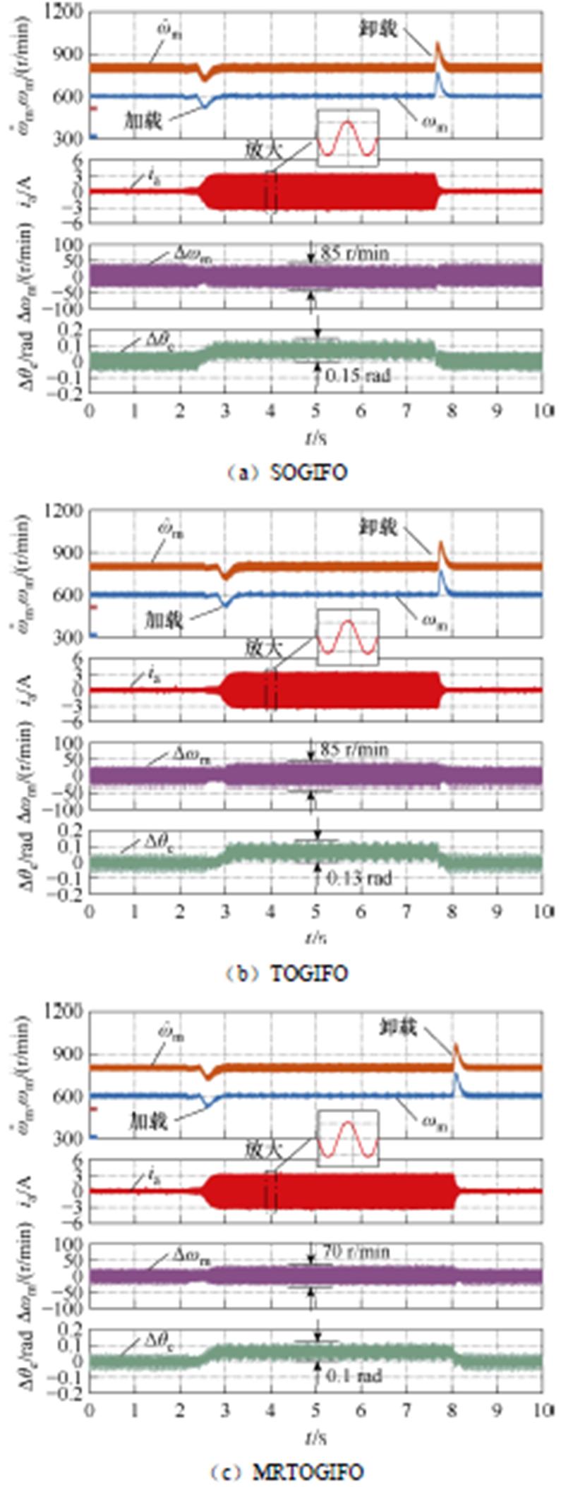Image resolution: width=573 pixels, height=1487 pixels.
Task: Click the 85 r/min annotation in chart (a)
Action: pyautogui.click(x=355, y=253)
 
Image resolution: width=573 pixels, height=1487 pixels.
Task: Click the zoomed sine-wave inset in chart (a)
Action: pyautogui.click(x=348, y=138)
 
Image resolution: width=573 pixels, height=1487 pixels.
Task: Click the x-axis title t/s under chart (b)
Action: pyautogui.click(x=315, y=937)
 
